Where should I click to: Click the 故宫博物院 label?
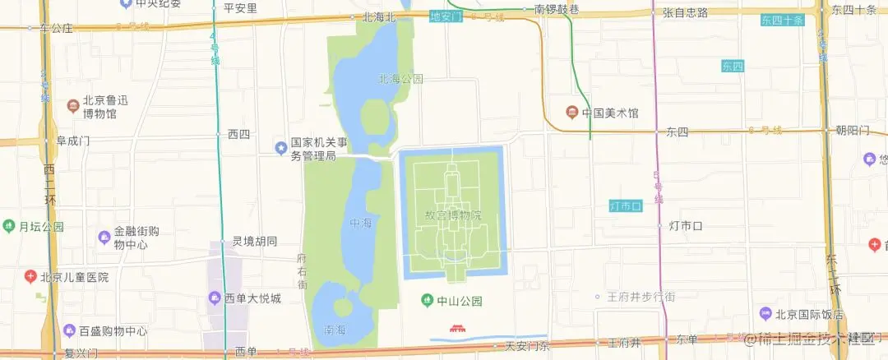click(x=452, y=215)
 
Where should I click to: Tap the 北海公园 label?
click(x=400, y=79)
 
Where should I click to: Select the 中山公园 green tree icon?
click(x=426, y=300)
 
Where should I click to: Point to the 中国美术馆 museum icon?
click(x=571, y=113)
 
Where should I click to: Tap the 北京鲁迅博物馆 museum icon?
click(x=73, y=106)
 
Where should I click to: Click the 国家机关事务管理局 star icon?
click(x=280, y=148)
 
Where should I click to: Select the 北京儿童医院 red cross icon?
click(x=30, y=277)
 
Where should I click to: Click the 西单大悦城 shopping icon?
click(x=214, y=298)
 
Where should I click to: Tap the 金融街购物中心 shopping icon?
click(x=104, y=238)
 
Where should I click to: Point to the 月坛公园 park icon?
click(x=8, y=226)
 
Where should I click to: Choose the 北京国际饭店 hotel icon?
click(x=765, y=314)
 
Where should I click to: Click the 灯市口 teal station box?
click(x=625, y=205)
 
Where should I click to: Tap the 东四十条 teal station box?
click(x=781, y=21)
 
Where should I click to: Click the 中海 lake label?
click(x=360, y=223)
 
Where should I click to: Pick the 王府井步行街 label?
click(x=641, y=296)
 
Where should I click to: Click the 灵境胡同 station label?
click(x=254, y=242)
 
